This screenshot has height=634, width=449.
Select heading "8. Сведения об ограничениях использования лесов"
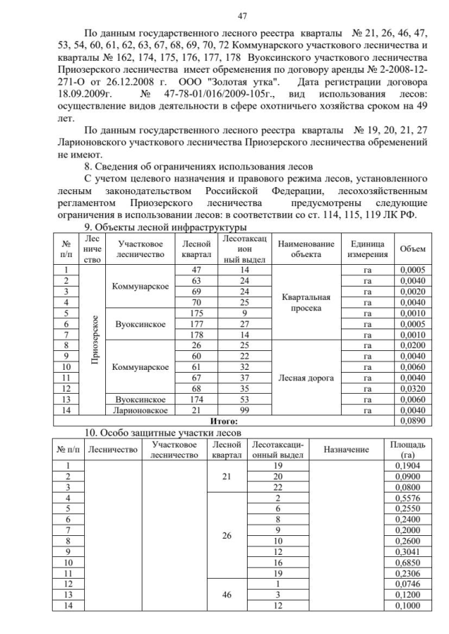(x=185, y=167)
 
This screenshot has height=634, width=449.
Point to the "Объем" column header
(x=411, y=249)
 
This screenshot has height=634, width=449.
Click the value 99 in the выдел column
(x=244, y=411)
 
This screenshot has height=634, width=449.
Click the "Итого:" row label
(x=224, y=421)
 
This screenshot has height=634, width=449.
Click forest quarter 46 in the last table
(x=227, y=593)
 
